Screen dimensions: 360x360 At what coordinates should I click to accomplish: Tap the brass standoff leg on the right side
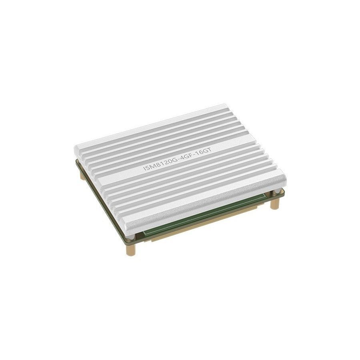pos(274,203)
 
